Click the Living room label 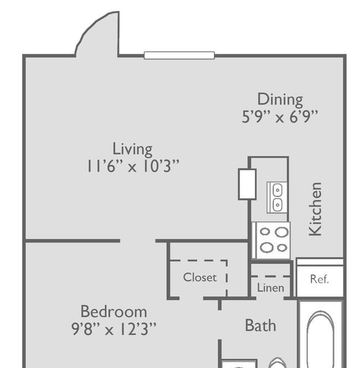coord(132,149)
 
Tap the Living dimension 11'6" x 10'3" coord(133,166)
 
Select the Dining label coord(280,100)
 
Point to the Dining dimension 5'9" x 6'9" coord(280,116)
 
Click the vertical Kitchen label coord(315,209)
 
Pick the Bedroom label coord(114,311)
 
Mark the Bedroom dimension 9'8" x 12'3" coord(114,329)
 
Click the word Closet coord(200,277)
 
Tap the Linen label coord(270,288)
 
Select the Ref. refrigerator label coord(320,279)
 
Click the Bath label coord(260,325)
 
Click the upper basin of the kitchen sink coord(277,190)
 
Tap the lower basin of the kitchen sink coord(277,205)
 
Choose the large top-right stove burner coord(282,232)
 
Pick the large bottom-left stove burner coord(266,247)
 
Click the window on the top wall coord(179,55)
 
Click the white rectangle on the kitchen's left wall coord(247,184)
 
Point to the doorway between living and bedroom coord(138,241)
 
